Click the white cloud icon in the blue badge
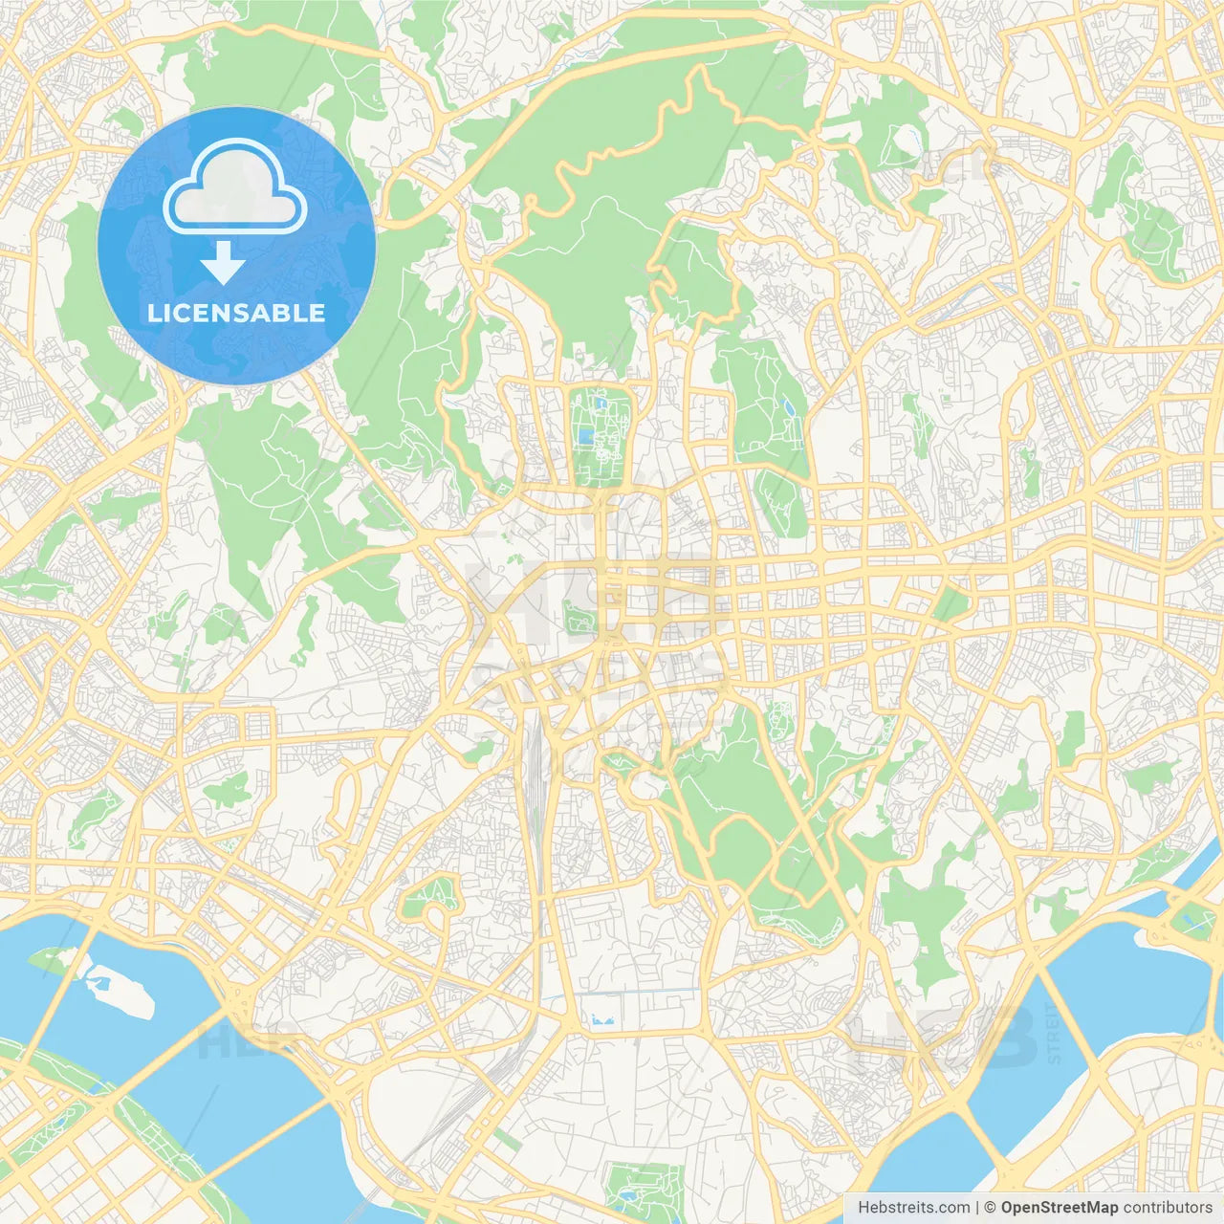click(235, 186)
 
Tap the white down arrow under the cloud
click(223, 263)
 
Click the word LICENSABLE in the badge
click(236, 313)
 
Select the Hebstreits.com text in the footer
click(914, 1208)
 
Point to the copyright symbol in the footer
click(991, 1208)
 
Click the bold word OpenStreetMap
click(1059, 1208)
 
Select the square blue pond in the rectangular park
click(585, 437)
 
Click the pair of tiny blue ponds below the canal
click(601, 1020)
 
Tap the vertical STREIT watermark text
click(1055, 1033)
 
